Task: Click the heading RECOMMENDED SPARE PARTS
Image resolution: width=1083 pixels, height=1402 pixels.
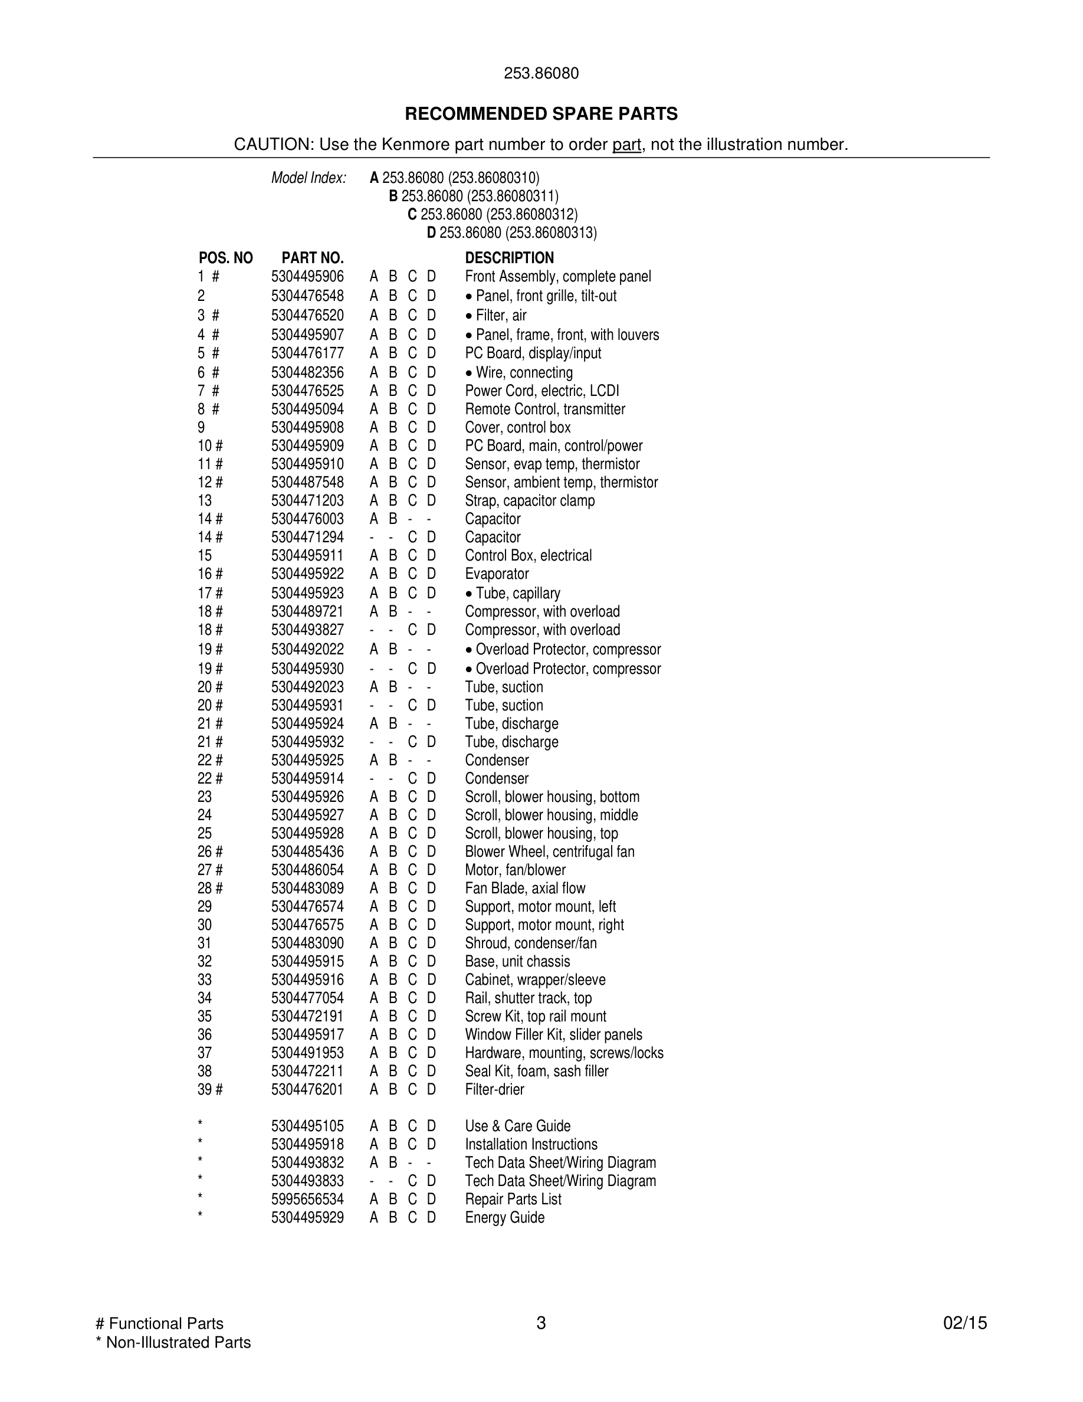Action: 541,114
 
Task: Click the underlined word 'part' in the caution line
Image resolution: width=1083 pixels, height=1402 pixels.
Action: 626,145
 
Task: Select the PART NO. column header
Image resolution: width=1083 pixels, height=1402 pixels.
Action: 313,258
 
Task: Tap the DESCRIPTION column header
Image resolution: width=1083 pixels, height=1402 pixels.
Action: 509,258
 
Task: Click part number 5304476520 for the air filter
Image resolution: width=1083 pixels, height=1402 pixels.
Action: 307,315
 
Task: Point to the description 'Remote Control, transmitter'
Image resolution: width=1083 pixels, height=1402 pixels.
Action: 544,409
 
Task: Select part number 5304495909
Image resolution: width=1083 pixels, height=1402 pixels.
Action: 307,446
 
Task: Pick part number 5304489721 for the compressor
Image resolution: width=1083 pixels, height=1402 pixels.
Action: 307,611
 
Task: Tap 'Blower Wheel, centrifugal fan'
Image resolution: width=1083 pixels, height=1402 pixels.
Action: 549,851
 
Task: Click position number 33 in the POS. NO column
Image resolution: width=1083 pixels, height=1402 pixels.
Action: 205,980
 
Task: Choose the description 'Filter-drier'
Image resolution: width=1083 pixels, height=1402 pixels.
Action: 494,1089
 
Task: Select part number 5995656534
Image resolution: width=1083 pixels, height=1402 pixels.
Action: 307,1199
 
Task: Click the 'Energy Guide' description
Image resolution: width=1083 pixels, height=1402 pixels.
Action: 504,1217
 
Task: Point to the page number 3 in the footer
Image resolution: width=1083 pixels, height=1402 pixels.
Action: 541,1323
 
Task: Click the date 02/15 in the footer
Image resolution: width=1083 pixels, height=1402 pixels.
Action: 964,1323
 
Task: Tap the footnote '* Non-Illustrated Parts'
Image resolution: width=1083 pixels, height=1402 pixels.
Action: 173,1342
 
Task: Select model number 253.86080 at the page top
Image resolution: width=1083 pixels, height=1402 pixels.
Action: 541,73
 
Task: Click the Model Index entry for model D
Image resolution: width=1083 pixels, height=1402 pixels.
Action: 512,232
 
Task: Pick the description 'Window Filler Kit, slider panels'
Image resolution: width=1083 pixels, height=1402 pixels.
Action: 553,1034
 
